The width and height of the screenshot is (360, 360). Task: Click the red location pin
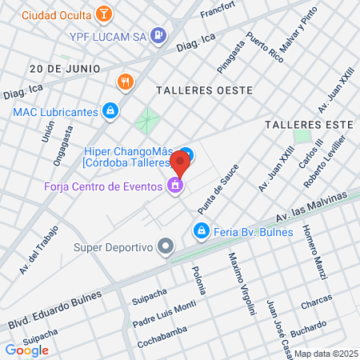pyautogui.click(x=181, y=162)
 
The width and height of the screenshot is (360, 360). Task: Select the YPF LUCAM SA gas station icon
pyautogui.click(x=158, y=34)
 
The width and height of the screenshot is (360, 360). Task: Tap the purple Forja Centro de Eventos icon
pyautogui.click(x=174, y=187)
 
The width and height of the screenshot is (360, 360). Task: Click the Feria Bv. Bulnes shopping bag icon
pyautogui.click(x=200, y=231)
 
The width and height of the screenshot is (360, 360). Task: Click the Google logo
pyautogui.click(x=26, y=350)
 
